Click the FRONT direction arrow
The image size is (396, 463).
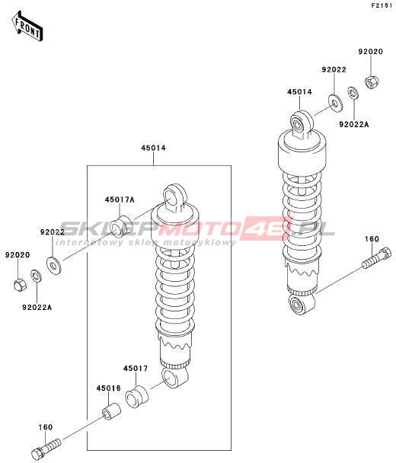coord(27,26)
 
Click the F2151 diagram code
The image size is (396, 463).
coord(383,5)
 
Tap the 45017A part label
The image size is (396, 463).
coord(120,200)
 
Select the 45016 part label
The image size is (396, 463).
coord(109,388)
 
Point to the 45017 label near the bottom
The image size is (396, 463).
coord(136,369)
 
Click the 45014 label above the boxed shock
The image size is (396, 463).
coord(153,148)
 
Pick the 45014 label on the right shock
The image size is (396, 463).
coord(299,92)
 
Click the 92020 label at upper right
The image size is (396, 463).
coord(371,52)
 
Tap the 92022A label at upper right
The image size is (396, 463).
coord(354,124)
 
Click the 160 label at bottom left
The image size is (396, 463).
coord(45,427)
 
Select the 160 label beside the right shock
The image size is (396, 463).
coord(372,238)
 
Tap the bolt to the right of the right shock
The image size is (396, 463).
coord(376,258)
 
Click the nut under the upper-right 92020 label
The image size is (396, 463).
coord(372,81)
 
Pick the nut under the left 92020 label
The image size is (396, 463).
coord(21,285)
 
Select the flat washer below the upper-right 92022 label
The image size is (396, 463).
coord(336,104)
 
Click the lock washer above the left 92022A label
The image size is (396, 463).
coord(36,276)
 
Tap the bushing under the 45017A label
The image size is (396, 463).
coord(121,227)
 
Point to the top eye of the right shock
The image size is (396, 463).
coord(301,123)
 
